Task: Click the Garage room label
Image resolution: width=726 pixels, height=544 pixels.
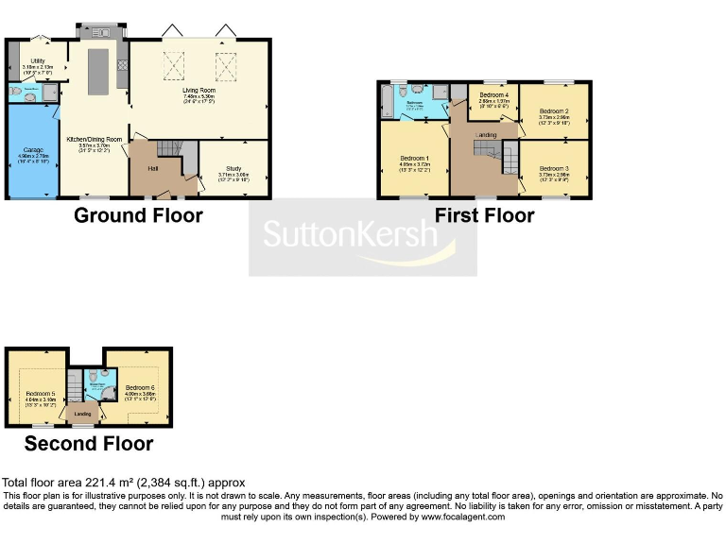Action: (x=31, y=150)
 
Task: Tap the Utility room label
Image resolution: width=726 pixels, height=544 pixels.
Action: (x=38, y=59)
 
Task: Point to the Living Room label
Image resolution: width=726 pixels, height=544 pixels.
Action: (x=199, y=90)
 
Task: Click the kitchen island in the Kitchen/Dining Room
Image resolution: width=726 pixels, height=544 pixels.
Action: (x=97, y=72)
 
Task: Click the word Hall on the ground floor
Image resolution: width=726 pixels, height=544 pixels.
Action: (x=152, y=169)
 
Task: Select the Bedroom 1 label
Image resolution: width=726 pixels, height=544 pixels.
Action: (x=414, y=157)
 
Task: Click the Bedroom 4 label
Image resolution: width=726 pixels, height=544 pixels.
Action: (x=493, y=95)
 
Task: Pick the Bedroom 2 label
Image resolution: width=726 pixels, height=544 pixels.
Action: (x=554, y=110)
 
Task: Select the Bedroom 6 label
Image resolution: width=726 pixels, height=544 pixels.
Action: (x=140, y=387)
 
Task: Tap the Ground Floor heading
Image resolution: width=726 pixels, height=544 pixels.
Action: (x=138, y=215)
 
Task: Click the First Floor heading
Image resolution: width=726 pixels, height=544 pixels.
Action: (x=484, y=215)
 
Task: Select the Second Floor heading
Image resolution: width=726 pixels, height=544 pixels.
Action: (x=89, y=443)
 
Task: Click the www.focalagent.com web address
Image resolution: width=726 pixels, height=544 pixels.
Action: (x=462, y=517)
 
